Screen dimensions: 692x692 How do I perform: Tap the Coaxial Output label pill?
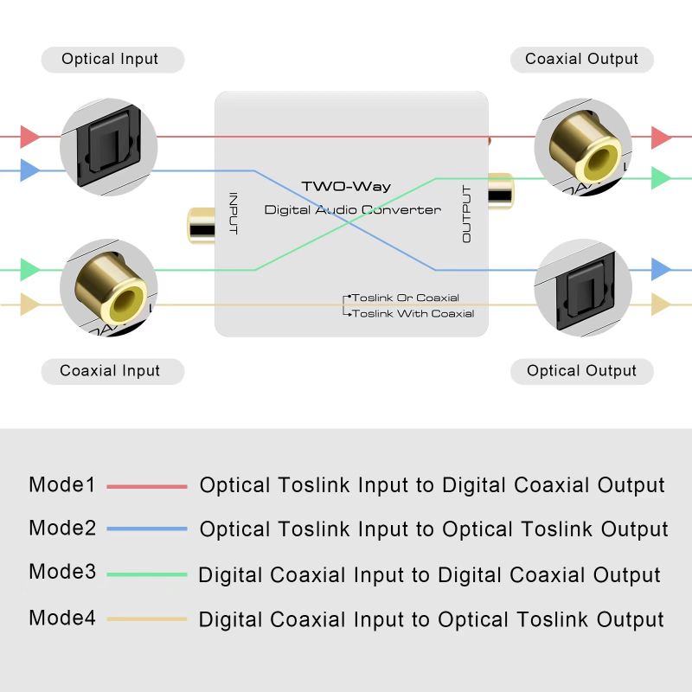[581, 60]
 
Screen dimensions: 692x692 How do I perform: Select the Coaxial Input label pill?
[110, 371]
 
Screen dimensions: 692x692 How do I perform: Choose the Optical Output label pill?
[581, 371]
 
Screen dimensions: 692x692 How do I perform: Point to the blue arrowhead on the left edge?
[29, 170]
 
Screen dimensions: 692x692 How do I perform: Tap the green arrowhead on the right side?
[662, 179]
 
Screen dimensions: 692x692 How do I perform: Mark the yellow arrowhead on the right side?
[662, 304]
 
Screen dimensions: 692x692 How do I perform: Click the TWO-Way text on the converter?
[346, 187]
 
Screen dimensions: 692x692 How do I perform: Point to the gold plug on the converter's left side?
[201, 225]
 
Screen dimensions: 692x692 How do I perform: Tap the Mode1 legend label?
[62, 485]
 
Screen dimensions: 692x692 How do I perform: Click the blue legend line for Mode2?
[147, 529]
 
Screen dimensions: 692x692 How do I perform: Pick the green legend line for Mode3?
[147, 574]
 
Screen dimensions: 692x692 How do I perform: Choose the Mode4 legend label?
[62, 618]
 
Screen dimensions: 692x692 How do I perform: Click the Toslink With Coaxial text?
[413, 314]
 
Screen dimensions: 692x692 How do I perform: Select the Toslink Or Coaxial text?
[405, 298]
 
